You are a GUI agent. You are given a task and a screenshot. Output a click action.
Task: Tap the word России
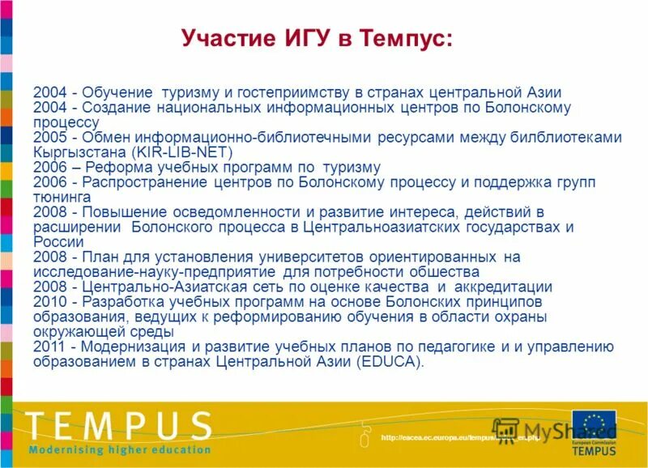58,242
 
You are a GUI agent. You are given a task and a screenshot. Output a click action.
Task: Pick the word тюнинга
62,197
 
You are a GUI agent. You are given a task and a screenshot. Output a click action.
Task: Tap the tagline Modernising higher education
120,449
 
